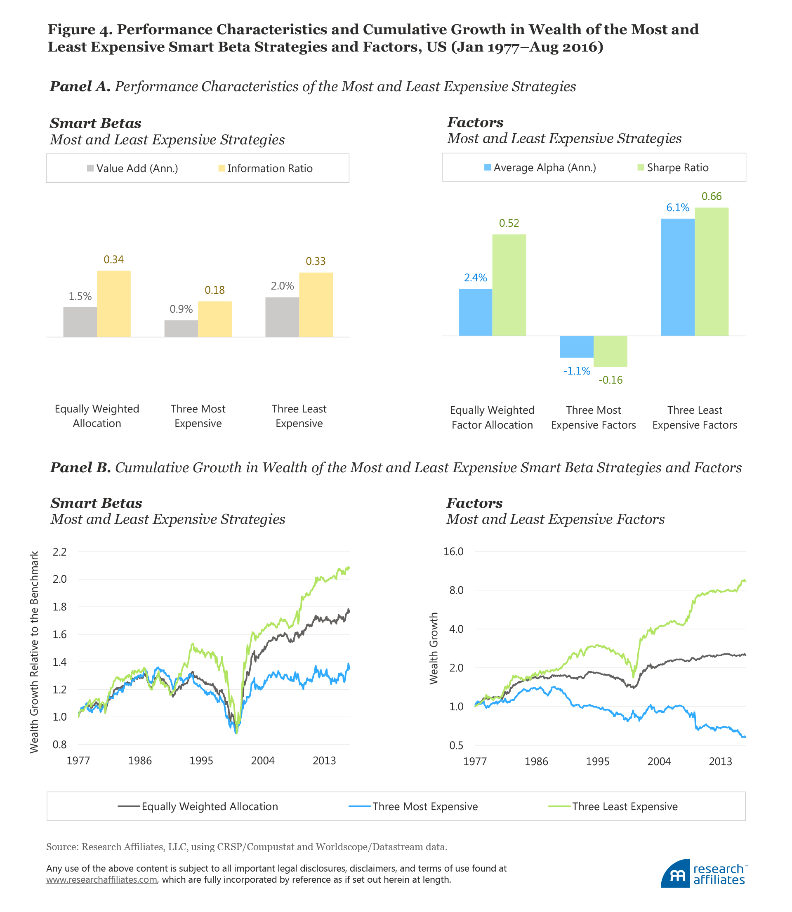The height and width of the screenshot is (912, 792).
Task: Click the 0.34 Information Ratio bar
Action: click(x=113, y=304)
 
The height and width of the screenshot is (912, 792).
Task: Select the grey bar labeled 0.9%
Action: click(x=181, y=328)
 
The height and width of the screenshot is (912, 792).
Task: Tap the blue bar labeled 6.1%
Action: click(x=677, y=277)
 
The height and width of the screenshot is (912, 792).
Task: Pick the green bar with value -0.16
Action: click(x=610, y=351)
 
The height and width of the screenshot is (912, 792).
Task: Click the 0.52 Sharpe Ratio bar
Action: click(x=509, y=285)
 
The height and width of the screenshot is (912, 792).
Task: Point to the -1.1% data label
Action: click(x=576, y=371)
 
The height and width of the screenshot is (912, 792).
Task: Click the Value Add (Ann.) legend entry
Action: click(x=132, y=168)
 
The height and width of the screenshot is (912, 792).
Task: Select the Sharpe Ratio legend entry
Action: click(x=673, y=167)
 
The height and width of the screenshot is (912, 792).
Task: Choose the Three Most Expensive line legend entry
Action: click(x=413, y=806)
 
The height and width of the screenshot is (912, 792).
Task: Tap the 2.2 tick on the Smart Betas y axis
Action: click(x=59, y=551)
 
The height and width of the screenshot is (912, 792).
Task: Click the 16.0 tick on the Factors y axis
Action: click(x=453, y=551)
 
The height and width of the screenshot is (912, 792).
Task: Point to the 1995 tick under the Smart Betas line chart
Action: click(x=201, y=761)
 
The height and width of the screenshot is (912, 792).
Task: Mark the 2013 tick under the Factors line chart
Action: click(x=720, y=761)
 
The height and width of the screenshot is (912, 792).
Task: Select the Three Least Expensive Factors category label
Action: click(x=694, y=417)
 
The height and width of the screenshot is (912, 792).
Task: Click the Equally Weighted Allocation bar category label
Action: click(x=97, y=416)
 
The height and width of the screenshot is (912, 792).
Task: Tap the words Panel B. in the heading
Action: click(x=80, y=467)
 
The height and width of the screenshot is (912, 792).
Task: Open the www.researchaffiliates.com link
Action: click(x=101, y=879)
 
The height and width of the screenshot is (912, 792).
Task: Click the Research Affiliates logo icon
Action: click(x=675, y=874)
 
